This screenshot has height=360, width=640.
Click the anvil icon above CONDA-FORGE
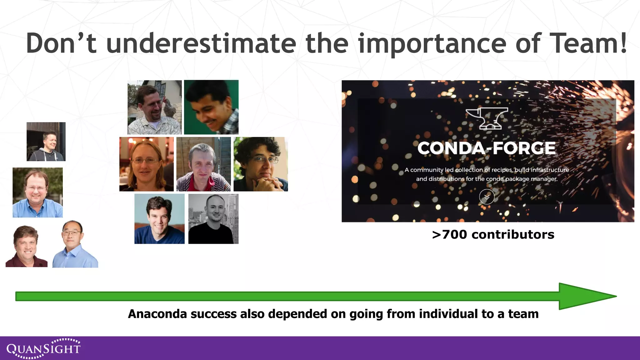point(487,118)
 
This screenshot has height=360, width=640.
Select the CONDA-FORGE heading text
point(487,148)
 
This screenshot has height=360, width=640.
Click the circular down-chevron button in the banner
point(487,197)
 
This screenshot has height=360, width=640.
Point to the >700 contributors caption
point(493,234)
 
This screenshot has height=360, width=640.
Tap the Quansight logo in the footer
point(43,348)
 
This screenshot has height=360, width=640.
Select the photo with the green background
point(211,107)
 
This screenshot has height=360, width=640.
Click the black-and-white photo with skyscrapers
point(213,219)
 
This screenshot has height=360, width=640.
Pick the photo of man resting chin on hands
point(261,164)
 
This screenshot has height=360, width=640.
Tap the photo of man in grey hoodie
point(46,142)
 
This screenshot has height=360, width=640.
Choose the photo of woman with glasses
point(146,164)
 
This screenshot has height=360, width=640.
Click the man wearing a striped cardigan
point(203,164)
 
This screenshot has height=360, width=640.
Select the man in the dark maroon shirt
point(27,246)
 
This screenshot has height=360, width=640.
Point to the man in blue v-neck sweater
point(159,219)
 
